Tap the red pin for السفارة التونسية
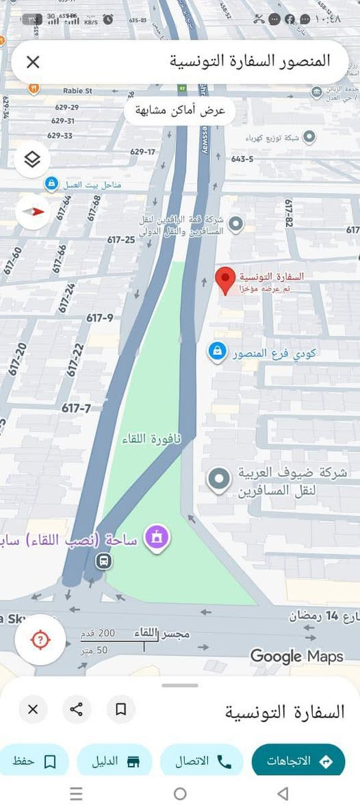(225, 280)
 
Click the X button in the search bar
(33, 62)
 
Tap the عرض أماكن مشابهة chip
(179, 111)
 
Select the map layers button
(32, 160)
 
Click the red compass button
(33, 212)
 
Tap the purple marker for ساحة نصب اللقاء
(158, 538)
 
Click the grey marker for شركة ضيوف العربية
(219, 479)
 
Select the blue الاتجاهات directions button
(298, 761)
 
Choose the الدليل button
(114, 761)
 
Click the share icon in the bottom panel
(77, 709)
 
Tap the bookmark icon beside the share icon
(121, 709)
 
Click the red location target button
(40, 640)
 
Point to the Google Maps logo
(296, 656)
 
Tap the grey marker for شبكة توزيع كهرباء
(309, 137)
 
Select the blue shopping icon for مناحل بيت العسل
(51, 183)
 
